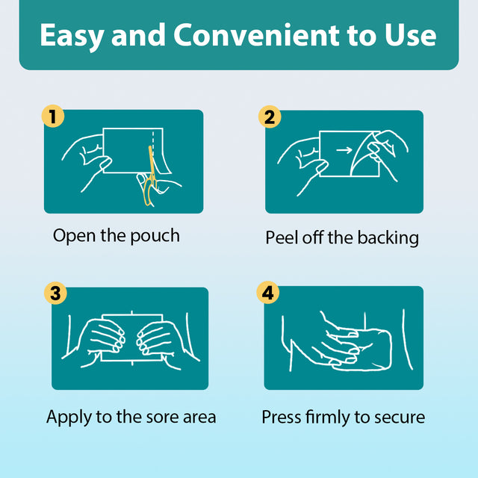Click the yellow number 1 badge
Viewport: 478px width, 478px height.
click(x=53, y=117)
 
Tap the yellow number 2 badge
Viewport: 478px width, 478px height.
click(x=270, y=117)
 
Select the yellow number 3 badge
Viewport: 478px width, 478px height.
click(x=55, y=294)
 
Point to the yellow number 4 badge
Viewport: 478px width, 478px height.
click(x=267, y=292)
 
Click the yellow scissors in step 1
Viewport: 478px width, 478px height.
click(x=150, y=180)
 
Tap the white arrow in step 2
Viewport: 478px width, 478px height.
click(x=344, y=150)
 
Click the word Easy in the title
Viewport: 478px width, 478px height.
click(x=72, y=36)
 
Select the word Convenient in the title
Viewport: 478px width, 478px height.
click(x=256, y=35)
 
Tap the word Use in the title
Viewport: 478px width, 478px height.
click(x=410, y=35)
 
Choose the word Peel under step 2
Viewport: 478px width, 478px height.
click(x=282, y=238)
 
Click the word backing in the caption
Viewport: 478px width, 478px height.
click(x=388, y=238)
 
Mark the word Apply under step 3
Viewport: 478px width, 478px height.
click(x=69, y=418)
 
